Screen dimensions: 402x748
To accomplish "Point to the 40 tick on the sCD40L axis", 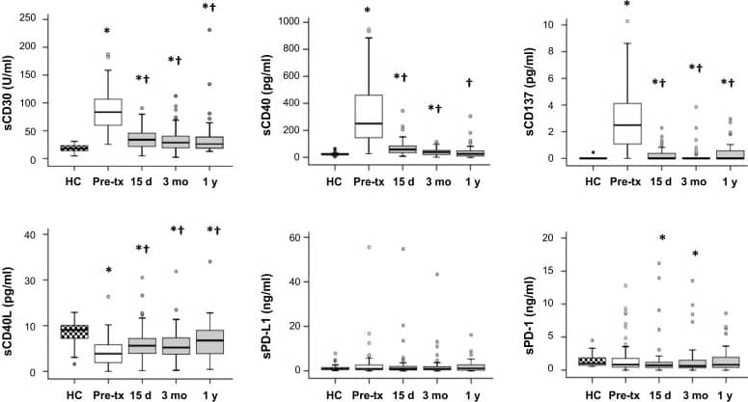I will (36, 234).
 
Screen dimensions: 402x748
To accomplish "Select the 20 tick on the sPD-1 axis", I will (546, 237).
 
